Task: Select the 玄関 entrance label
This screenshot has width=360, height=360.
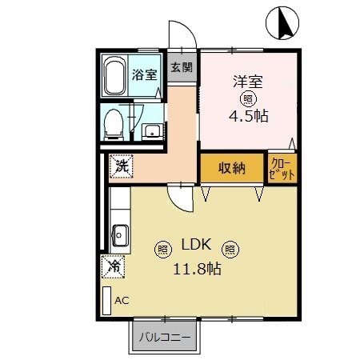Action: pos(181,67)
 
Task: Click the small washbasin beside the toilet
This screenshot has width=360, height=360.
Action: pos(150,130)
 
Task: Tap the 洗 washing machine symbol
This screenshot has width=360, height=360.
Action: pos(122,166)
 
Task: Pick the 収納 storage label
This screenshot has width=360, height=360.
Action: pos(232,168)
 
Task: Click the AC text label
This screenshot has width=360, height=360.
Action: pos(122,301)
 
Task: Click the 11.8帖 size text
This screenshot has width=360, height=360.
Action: pos(197,269)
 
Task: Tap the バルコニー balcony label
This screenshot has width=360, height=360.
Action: pos(166,337)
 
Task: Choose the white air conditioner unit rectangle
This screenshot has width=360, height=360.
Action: pos(106,300)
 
